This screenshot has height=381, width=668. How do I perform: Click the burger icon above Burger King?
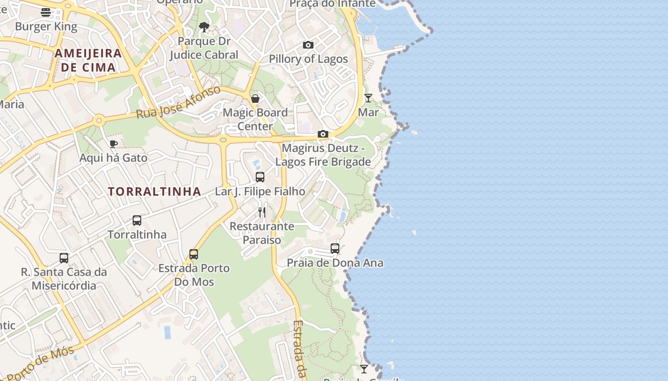tap(46, 12)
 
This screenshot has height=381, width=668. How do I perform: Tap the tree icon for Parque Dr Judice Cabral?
tap(204, 27)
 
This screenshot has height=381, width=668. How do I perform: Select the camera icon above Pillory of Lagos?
tap(308, 45)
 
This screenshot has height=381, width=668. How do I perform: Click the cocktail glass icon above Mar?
tap(368, 98)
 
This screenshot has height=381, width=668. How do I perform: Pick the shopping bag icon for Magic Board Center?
tap(255, 99)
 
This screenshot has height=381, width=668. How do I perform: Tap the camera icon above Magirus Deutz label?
tap(323, 134)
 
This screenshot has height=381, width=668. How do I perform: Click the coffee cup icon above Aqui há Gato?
tap(113, 144)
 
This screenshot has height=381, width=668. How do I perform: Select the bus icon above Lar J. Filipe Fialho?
tap(260, 177)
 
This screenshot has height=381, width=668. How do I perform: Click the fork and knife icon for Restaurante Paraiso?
tap(261, 212)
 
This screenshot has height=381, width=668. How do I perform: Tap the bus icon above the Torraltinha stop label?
tap(137, 221)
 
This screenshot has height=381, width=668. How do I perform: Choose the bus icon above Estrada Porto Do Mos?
tap(194, 254)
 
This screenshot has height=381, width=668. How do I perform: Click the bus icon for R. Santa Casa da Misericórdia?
tap(64, 258)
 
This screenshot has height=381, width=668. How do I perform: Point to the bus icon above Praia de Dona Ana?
tap(335, 249)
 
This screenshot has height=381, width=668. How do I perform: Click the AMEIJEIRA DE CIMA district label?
tap(88, 60)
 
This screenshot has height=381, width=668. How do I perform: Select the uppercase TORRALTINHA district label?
tap(154, 191)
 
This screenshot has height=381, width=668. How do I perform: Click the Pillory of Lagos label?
tap(308, 59)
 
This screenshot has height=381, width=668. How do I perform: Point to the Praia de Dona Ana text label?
tap(335, 263)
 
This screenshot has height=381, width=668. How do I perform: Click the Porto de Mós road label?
tap(41, 363)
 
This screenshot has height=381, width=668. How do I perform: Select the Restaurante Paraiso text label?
tap(262, 233)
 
